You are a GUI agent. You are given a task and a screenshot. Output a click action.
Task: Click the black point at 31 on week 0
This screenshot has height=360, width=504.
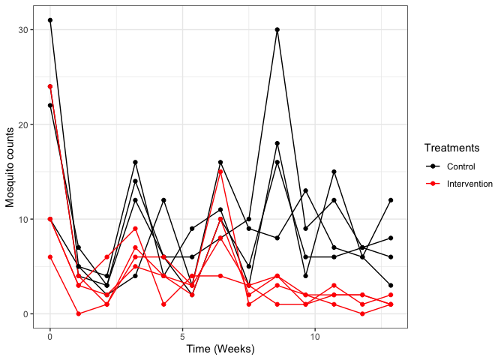50,20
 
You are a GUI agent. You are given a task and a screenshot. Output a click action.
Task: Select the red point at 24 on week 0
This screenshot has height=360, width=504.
50,86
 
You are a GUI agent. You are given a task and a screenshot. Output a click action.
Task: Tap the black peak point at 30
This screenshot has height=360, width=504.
277,30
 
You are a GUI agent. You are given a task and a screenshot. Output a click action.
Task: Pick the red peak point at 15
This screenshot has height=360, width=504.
220,172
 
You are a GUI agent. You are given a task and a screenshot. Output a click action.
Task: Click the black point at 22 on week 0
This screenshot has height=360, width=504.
50,105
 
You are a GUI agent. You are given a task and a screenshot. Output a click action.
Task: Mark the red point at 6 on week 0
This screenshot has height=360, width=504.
50,256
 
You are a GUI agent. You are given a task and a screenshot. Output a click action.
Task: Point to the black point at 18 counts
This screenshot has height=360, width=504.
277,143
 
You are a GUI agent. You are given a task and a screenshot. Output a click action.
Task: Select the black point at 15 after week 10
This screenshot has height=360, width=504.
334,172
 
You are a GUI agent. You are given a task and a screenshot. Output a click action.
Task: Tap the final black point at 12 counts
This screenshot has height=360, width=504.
391,200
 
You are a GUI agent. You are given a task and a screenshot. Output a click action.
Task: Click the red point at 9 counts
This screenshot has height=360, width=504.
135,229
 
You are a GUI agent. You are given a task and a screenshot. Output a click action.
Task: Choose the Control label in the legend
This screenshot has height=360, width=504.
460,166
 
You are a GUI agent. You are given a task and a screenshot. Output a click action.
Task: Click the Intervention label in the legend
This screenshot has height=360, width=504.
469,183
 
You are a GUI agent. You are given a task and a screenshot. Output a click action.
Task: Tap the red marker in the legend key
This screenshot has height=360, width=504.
431,183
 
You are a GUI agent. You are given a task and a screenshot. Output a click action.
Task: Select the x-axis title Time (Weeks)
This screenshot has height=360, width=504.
220,349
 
